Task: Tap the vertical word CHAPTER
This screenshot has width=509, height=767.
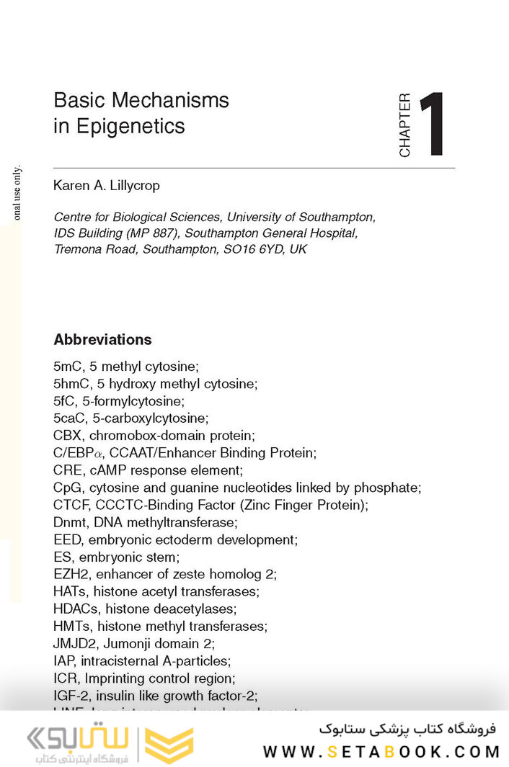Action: (x=404, y=125)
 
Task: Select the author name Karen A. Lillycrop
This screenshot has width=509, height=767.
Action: (x=107, y=186)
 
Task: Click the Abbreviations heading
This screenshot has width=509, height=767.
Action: (x=102, y=340)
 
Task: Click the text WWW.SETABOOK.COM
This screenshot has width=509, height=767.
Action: (x=381, y=752)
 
